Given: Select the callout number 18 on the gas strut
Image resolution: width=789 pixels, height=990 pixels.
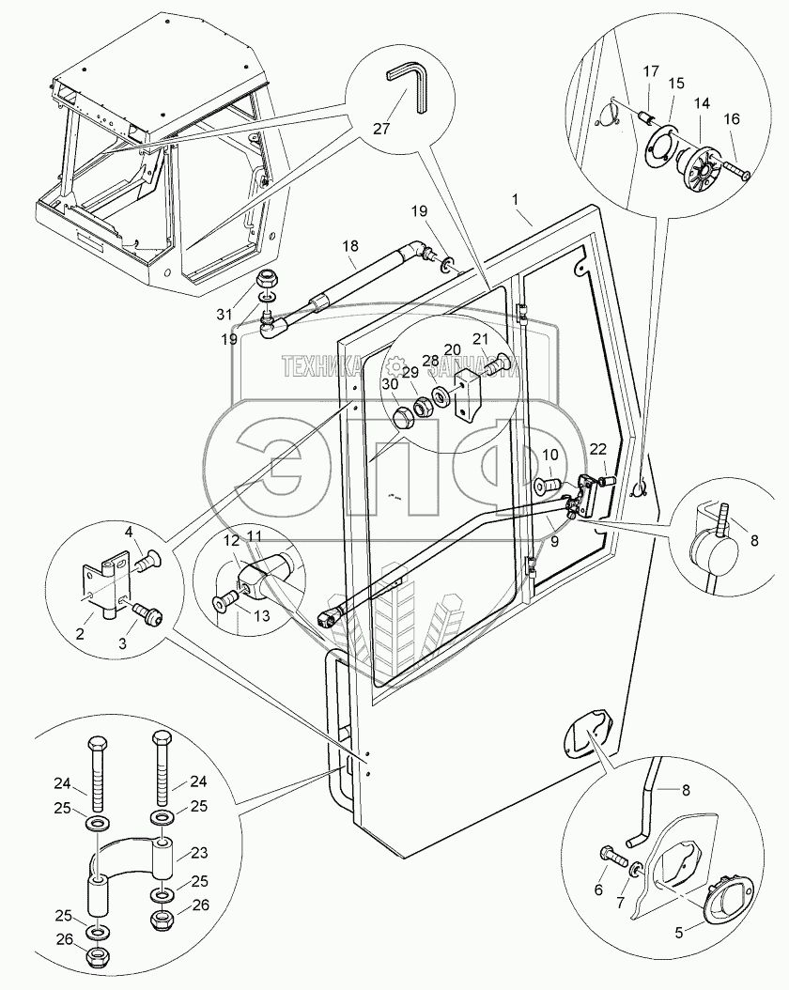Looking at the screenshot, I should pos(349,246).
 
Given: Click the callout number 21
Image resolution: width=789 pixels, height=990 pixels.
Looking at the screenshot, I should pos(480,339).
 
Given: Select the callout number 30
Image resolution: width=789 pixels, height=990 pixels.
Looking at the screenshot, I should pos(389,383).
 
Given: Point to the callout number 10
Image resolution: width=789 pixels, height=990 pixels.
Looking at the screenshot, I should pos(550,456).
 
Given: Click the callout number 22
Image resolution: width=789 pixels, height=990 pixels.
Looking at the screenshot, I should pos(597,450).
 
